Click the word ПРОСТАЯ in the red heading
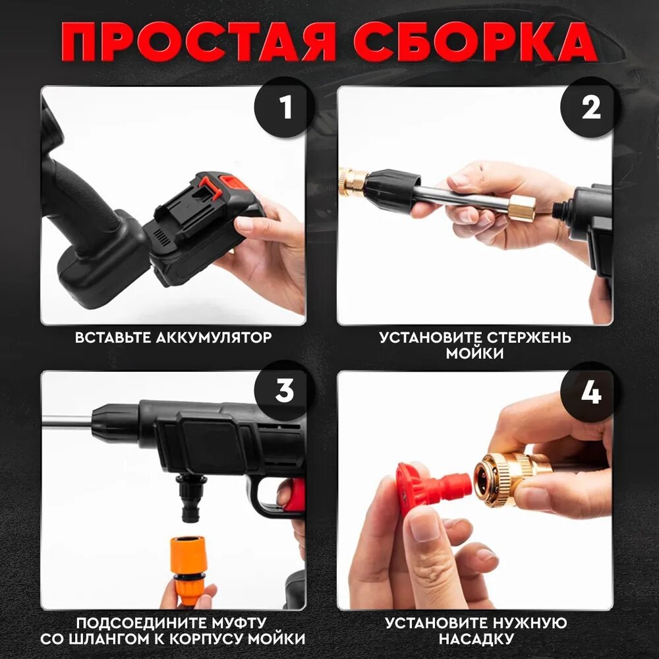pyautogui.click(x=198, y=42)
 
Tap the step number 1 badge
pyautogui.click(x=285, y=107)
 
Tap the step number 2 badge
pyautogui.click(x=591, y=107)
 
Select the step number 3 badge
pyautogui.click(x=285, y=391)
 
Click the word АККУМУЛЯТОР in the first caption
pyautogui.click(x=214, y=337)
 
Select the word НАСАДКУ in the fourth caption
pyautogui.click(x=476, y=639)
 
